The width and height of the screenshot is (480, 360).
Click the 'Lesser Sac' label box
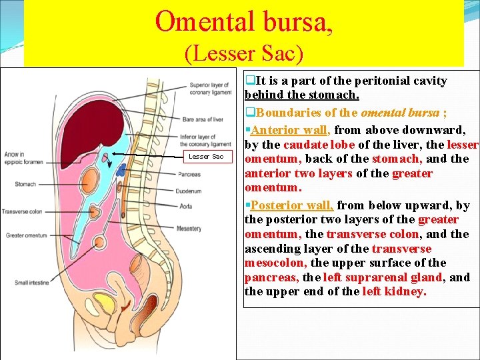tap(207, 156)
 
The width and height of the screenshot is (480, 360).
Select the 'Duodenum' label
tap(191, 190)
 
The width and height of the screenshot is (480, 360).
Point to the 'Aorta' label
tap(186, 207)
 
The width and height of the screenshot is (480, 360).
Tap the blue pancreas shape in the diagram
tap(121, 170)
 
